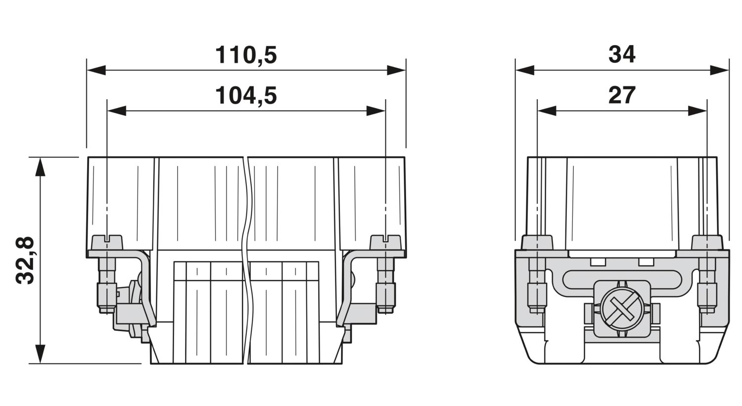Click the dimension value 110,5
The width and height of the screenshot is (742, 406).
tap(246, 55)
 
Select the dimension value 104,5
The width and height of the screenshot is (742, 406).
tap(246, 96)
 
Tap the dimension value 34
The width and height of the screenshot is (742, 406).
tap(622, 55)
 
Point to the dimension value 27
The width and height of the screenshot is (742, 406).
tap(622, 96)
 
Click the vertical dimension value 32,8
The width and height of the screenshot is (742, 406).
tap(25, 260)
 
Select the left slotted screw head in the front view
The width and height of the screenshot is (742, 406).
tap(107, 243)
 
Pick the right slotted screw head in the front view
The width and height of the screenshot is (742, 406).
tap(385, 243)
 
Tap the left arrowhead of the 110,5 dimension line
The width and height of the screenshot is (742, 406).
tap(96, 70)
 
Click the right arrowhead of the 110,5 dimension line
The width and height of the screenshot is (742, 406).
tap(396, 70)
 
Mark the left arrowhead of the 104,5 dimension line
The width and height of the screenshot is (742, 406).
tap(117, 111)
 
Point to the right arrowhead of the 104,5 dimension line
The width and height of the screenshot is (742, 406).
tap(375, 111)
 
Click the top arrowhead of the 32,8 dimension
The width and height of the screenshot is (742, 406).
tap(41, 167)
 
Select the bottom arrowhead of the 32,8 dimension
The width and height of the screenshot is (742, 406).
tap(41, 354)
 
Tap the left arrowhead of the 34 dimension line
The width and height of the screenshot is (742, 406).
tap(525, 70)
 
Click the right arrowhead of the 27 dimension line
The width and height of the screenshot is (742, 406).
tap(697, 111)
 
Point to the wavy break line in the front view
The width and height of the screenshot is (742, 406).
tap(247, 260)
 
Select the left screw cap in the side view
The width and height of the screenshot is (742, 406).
tap(537, 243)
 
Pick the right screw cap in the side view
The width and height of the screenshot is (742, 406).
tap(707, 243)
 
